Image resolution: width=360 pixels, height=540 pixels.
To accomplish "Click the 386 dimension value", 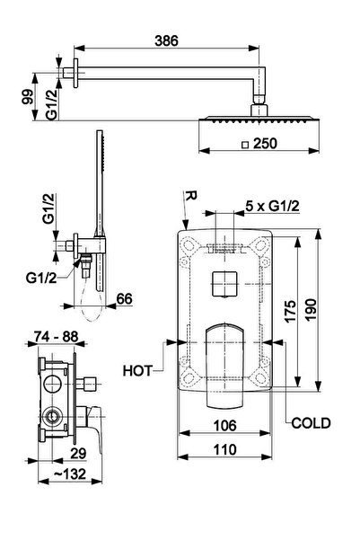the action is click(x=167, y=40).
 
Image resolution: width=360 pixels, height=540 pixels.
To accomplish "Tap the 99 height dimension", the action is click(x=28, y=97).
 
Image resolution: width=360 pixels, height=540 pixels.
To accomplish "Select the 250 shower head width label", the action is click(x=265, y=144).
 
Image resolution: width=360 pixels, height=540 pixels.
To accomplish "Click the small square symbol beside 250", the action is click(x=245, y=145).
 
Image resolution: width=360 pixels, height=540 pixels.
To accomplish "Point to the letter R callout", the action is click(x=190, y=196).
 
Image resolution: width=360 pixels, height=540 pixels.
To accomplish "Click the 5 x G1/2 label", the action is click(x=272, y=206).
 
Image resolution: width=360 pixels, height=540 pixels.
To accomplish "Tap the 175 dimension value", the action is click(x=290, y=311).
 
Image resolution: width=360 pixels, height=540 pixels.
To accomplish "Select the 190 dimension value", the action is click(x=311, y=310).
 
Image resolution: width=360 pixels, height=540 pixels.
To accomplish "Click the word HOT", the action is click(x=137, y=371).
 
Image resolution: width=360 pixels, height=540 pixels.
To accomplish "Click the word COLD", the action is click(x=311, y=423).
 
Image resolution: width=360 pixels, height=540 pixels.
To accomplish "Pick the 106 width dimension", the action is click(x=224, y=426).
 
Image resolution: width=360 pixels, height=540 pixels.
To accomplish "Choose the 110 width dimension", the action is click(x=224, y=449).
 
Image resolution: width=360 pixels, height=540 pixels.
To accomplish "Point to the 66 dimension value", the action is click(x=124, y=298).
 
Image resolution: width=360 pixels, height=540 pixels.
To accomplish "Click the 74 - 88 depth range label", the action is click(x=56, y=336).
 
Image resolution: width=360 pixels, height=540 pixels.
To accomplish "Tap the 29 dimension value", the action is click(x=78, y=454).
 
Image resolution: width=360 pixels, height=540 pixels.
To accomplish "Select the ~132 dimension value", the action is click(x=70, y=474).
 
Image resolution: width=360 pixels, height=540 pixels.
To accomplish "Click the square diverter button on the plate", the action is click(x=224, y=283).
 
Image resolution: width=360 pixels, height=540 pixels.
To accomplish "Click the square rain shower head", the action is click(x=259, y=120).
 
